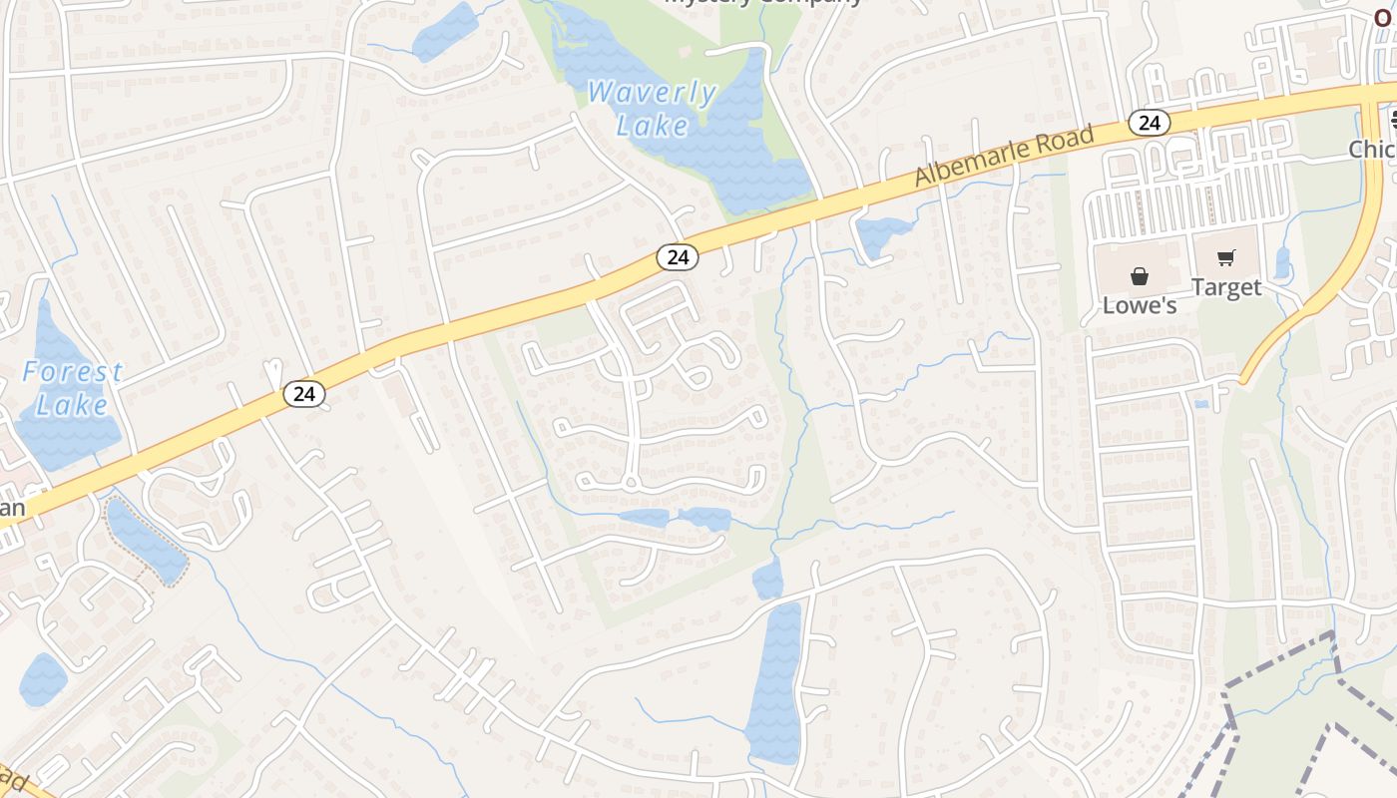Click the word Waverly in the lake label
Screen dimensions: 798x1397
(652, 93)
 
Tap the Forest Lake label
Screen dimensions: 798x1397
(71, 388)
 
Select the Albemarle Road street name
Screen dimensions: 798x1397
(1005, 155)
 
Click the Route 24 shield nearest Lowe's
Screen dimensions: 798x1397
(1150, 122)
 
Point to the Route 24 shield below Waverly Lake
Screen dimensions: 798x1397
(678, 257)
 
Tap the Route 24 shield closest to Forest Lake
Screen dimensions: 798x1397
(304, 394)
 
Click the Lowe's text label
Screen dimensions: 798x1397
(1139, 305)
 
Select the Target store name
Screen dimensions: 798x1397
(1226, 287)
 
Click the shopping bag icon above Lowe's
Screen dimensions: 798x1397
(1139, 276)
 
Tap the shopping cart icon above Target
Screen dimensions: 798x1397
(1226, 258)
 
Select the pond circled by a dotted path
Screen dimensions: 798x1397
(147, 542)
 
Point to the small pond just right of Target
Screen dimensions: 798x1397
(1282, 262)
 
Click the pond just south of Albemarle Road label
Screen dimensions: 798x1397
(878, 235)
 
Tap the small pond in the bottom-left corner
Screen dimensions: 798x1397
(42, 679)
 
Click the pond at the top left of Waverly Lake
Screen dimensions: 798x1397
(446, 32)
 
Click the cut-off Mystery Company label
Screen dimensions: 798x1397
(763, 3)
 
